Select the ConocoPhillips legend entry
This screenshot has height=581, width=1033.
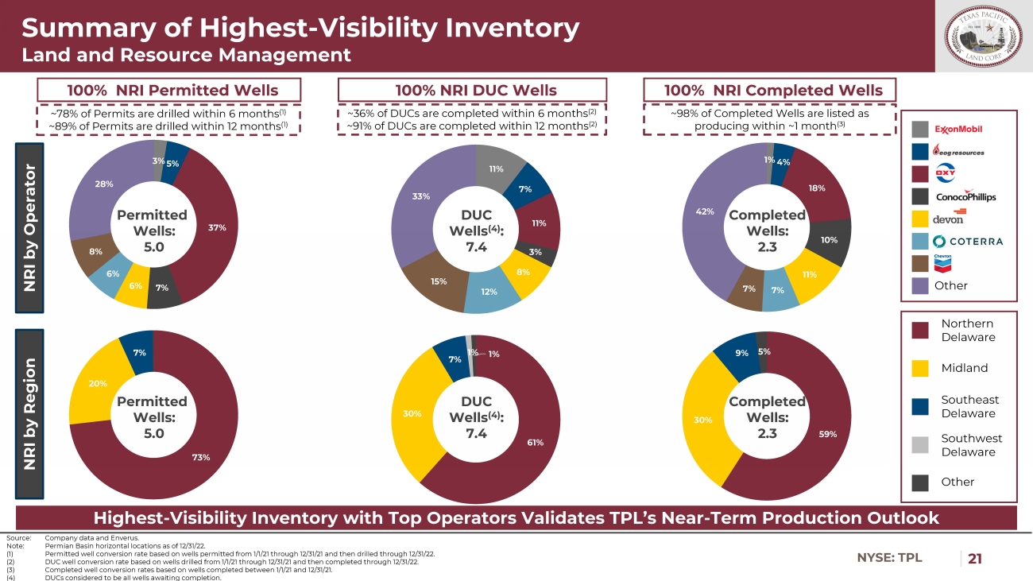[965, 196]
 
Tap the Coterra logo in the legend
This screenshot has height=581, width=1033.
[968, 241]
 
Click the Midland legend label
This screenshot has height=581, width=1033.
[965, 368]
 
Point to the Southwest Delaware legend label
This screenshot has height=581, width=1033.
[971, 445]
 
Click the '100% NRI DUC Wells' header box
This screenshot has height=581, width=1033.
[472, 90]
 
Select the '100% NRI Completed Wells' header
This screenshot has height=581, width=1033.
[769, 90]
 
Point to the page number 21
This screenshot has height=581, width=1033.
[975, 558]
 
